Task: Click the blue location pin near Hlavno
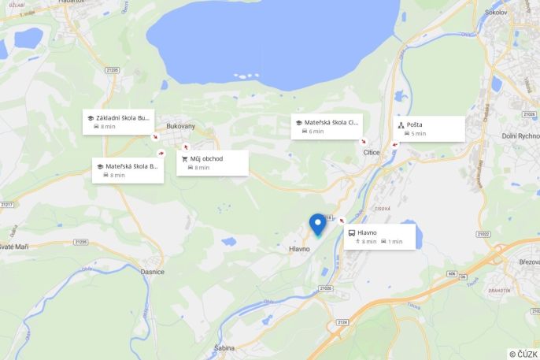318,225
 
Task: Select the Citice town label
372,152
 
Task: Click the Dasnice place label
152,272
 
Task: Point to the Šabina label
224,347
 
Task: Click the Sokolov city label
517,13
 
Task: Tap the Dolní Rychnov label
520,135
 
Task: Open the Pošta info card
429,128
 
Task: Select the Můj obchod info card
212,162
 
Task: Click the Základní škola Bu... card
119,121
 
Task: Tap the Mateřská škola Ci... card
327,126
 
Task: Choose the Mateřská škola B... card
128,170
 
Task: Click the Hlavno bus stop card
379,236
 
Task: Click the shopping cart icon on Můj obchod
185,158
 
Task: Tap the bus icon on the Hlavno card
351,232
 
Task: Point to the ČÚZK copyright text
523,354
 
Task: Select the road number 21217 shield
7,205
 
